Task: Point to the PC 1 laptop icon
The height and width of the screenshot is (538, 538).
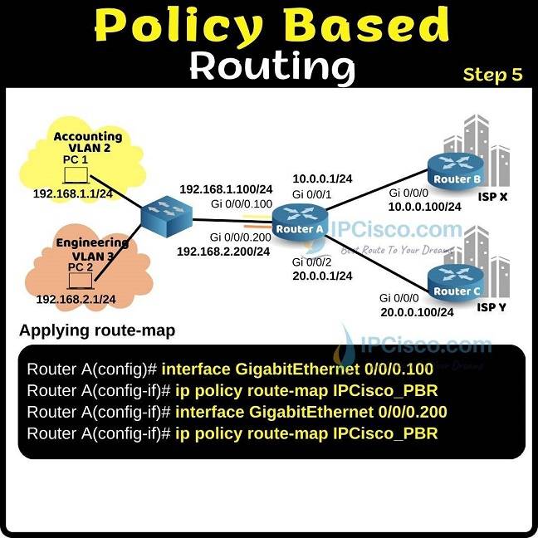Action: click(77, 175)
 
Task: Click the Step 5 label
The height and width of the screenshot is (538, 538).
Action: click(492, 75)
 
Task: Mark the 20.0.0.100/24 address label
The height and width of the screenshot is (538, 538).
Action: click(417, 312)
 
